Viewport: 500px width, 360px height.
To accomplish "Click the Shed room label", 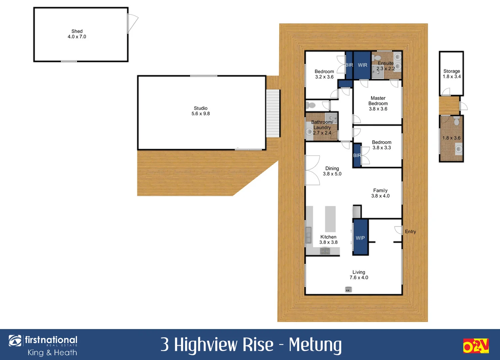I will coord(77,31).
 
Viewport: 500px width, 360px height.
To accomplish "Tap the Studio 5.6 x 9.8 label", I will coord(201,111).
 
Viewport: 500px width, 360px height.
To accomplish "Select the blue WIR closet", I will coord(362,65).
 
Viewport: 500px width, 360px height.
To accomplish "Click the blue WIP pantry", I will coord(360,238).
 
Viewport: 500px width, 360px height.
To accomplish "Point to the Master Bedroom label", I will coord(378,101).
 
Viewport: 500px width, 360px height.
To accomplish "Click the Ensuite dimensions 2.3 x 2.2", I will coord(386,69).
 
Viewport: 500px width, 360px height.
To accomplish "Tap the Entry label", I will coord(410,232).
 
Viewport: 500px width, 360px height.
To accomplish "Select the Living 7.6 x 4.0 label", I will coord(359,275).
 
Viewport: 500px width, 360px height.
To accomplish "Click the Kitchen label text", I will coord(328,237).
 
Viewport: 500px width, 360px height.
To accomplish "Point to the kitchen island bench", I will coord(330,219).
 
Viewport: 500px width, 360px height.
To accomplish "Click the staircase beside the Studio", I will coord(273,113).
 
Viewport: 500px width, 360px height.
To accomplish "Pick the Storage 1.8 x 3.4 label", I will coord(452,74).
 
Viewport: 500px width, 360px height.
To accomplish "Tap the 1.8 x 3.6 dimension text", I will coord(451,138).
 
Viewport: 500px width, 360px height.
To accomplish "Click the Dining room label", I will coord(332,168).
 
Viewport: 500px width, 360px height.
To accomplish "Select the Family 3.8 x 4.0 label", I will coord(380,193).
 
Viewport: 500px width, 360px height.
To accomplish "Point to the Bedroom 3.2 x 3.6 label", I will coord(324,74).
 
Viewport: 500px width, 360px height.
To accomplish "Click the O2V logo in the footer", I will coord(475,346).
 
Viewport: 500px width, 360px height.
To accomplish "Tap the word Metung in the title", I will coord(315,345).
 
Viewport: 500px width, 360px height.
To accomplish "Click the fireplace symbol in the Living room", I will coord(348,290).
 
